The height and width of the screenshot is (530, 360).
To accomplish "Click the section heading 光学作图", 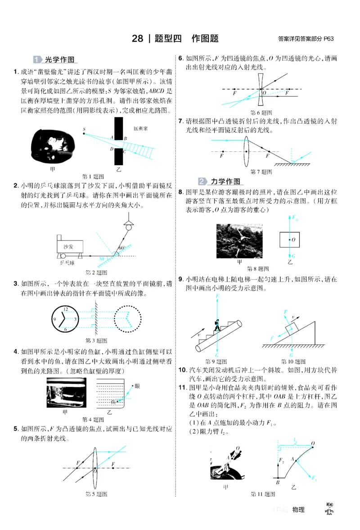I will (x=61, y=59).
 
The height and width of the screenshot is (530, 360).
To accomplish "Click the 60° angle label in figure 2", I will (x=121, y=248).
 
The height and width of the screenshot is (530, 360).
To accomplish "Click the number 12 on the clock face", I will (x=66, y=309).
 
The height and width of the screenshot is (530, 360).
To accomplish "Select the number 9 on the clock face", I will (x=54, y=319).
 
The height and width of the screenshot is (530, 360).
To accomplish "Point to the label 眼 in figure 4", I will (x=137, y=386).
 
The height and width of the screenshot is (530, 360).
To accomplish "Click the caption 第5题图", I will (x=96, y=494).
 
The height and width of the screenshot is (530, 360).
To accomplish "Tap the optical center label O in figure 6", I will (x=264, y=93).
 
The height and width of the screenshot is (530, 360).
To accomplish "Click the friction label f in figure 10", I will (x=272, y=338).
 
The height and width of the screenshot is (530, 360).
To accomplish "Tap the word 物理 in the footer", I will (x=298, y=509).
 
